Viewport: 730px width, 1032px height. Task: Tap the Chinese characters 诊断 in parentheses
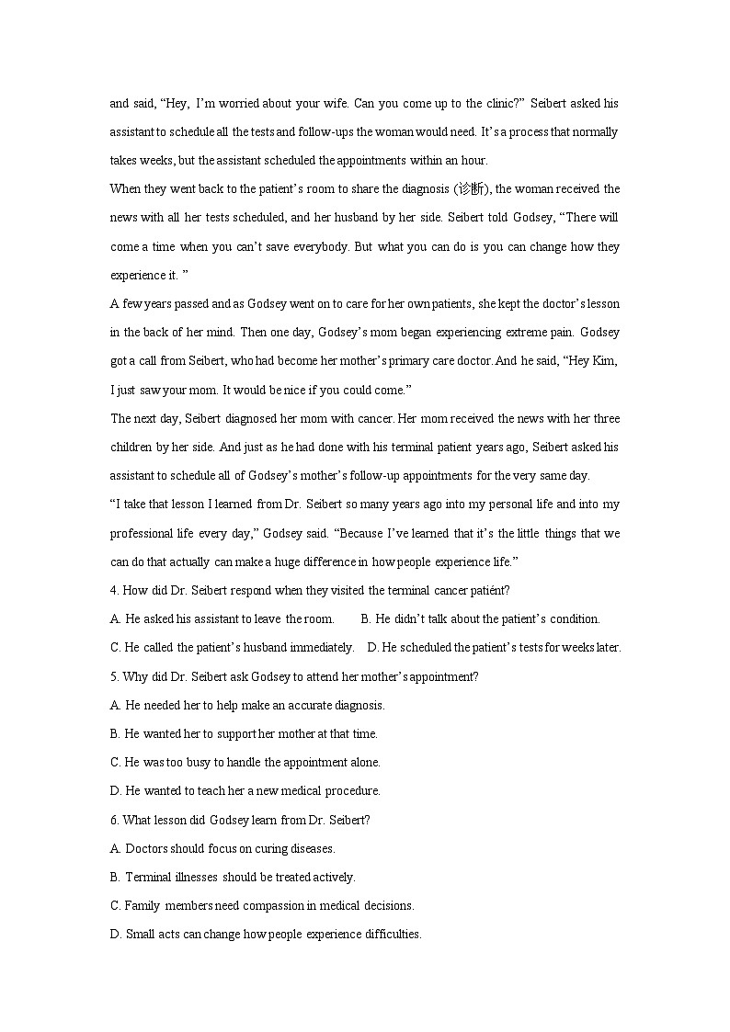(470, 189)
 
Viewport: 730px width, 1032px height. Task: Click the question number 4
(113, 590)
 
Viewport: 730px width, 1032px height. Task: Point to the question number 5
(113, 676)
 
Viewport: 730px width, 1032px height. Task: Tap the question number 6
(113, 820)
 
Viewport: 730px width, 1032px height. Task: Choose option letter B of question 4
(365, 618)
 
